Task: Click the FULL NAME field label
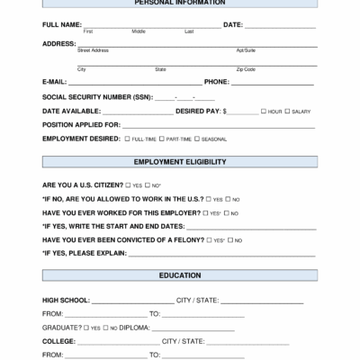click(62, 24)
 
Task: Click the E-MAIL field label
click(54, 81)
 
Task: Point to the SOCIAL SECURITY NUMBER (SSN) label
click(97, 96)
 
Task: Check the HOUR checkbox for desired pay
click(263, 111)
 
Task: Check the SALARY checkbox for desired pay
click(287, 111)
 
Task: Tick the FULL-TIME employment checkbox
click(127, 139)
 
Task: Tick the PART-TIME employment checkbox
click(163, 139)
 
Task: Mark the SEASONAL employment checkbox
click(197, 139)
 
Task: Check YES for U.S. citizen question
click(122, 184)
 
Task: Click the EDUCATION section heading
click(180, 275)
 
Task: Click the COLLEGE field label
click(58, 341)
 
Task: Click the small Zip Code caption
click(246, 69)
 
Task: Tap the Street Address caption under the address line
click(93, 50)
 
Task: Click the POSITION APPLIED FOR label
click(81, 125)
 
